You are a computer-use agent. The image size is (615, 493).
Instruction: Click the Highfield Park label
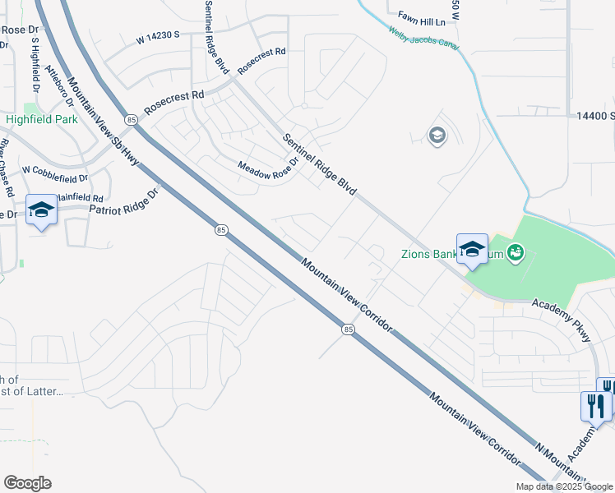(42, 119)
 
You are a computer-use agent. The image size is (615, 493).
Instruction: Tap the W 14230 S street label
(169, 37)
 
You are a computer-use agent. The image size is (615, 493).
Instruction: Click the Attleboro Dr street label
(59, 89)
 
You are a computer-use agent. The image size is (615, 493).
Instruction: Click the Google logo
(27, 483)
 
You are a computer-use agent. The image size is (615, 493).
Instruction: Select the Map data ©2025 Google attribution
(565, 486)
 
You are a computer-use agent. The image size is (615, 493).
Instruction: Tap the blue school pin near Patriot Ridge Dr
(41, 211)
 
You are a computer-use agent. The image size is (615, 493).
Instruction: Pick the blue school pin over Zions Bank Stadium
(472, 250)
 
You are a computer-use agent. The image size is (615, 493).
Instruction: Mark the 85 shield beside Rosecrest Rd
(132, 120)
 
